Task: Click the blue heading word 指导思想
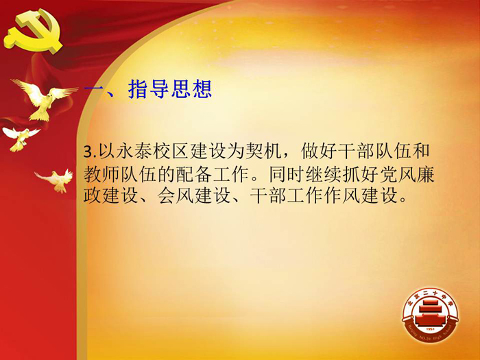click(170, 89)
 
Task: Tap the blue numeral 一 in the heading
click(93, 90)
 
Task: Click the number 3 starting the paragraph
click(88, 152)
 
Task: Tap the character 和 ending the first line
click(421, 152)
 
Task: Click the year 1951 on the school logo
click(431, 329)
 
